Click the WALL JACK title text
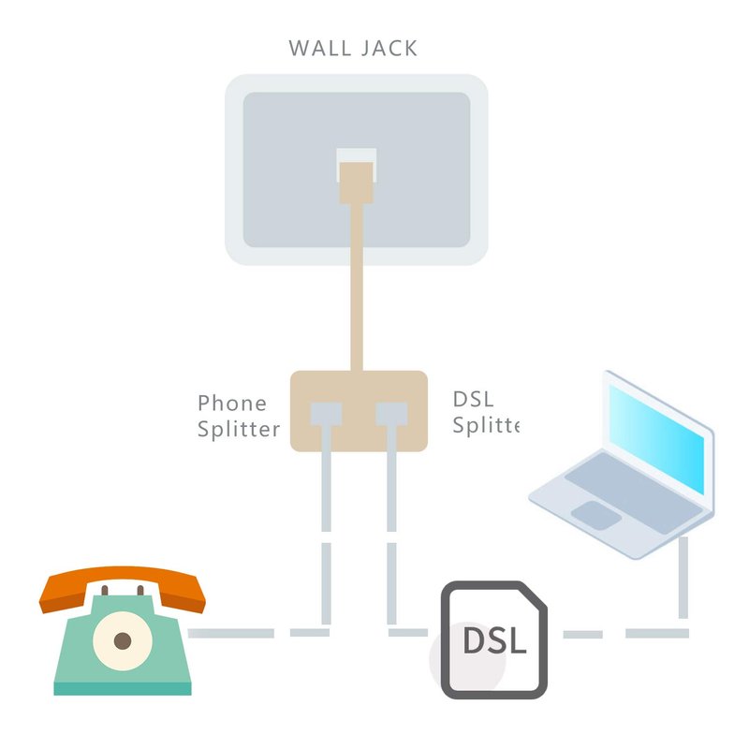click(353, 49)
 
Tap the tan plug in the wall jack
click(356, 181)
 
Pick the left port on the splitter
click(325, 413)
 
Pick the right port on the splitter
click(391, 413)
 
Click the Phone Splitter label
click(239, 416)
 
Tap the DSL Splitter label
click(484, 412)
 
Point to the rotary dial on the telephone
click(123, 641)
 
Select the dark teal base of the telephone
click(122, 689)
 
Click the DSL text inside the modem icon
click(494, 641)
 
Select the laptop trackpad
click(595, 514)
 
